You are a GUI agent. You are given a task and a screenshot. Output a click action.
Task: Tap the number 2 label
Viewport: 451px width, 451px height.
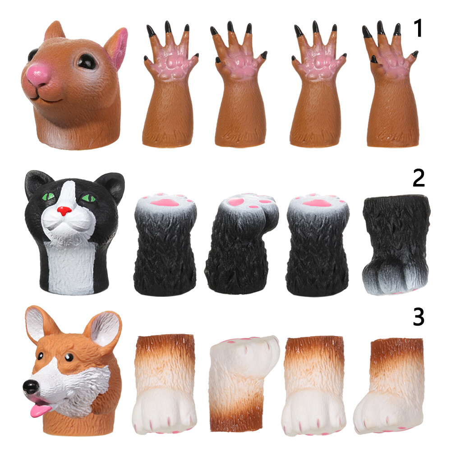tap(419, 179)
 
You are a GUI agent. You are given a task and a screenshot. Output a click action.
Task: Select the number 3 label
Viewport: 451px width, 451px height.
tap(419, 317)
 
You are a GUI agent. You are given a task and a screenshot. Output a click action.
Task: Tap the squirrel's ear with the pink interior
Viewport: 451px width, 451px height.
tap(115, 47)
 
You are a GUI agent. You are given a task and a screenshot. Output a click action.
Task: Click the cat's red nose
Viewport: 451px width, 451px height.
tap(65, 211)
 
